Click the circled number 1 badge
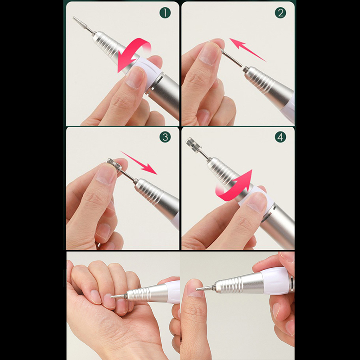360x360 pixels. click(165, 13)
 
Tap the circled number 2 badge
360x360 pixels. click(280, 13)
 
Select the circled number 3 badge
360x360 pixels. click(165, 137)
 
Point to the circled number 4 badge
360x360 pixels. click(280, 137)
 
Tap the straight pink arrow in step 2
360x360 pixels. click(247, 50)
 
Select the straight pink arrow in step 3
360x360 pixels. click(139, 163)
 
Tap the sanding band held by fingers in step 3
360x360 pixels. click(114, 164)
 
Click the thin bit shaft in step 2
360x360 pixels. click(232, 58)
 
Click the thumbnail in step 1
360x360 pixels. click(135, 77)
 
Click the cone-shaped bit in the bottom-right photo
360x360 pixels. click(205, 288)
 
